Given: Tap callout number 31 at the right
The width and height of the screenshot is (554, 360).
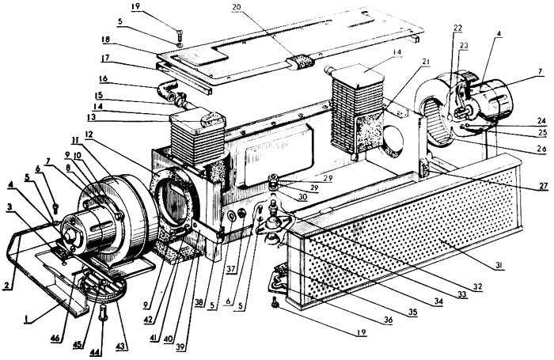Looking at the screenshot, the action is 499,265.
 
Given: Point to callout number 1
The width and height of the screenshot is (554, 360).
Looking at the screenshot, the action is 25,320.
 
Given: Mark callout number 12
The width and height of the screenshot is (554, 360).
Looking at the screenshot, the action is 89,134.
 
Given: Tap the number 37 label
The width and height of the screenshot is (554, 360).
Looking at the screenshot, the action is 231,269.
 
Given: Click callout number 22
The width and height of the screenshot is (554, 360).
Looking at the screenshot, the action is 457,28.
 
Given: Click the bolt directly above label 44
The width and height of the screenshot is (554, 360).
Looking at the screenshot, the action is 104,313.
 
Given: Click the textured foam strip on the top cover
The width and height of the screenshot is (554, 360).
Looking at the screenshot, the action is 301,63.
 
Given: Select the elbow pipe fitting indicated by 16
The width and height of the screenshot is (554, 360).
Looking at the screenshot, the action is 165,90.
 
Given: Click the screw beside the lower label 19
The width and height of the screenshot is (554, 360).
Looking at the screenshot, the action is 274,304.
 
